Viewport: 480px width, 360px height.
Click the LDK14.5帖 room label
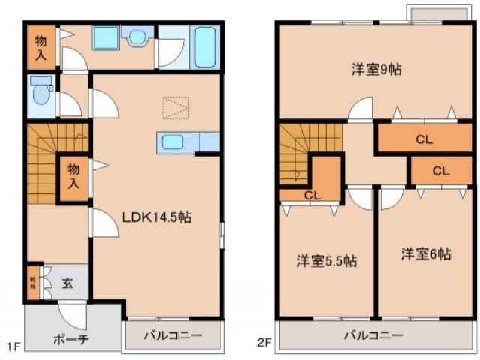click(x=156, y=217)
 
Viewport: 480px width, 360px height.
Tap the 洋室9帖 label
click(x=376, y=70)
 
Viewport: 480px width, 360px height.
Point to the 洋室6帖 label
click(x=425, y=253)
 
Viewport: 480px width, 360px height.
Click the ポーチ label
click(x=71, y=339)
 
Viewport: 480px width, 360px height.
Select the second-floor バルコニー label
click(x=373, y=335)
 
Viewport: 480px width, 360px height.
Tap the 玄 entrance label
click(x=67, y=283)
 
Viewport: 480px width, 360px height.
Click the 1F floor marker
click(x=13, y=346)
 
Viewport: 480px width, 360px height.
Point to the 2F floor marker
click(x=263, y=346)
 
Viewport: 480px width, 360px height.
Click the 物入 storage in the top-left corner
click(x=41, y=47)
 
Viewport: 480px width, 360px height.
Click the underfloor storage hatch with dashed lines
click(x=177, y=109)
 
